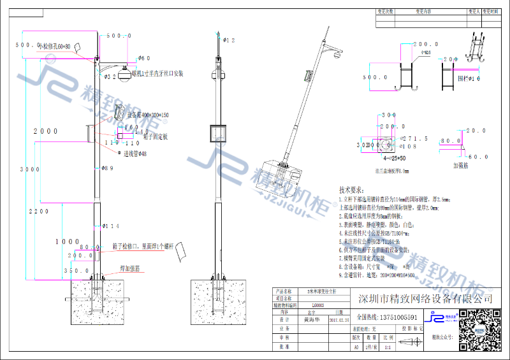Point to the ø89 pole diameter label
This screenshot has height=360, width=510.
coord(107,168)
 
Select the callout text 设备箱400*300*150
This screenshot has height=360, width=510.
coord(148,115)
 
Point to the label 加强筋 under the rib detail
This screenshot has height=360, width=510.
coord(462,164)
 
